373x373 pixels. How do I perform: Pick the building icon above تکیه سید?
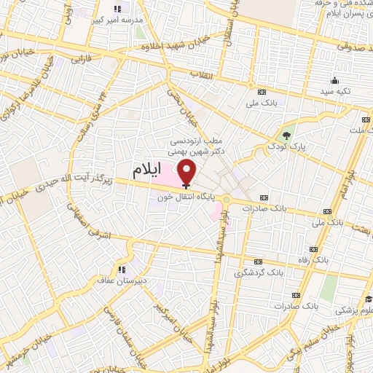coord(334,80)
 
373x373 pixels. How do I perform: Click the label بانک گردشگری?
coord(255,273)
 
